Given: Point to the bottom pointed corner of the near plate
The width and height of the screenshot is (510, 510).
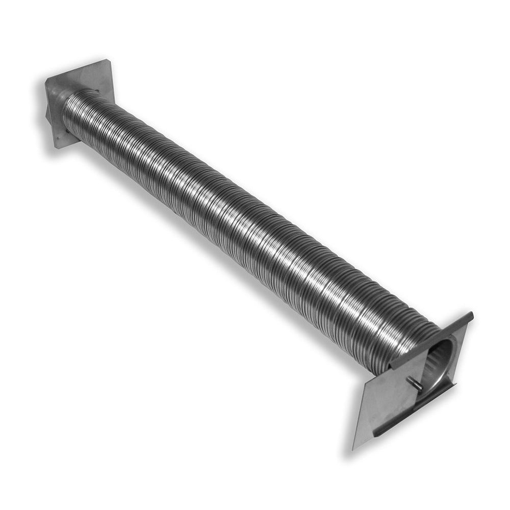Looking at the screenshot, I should tap(354, 449).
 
